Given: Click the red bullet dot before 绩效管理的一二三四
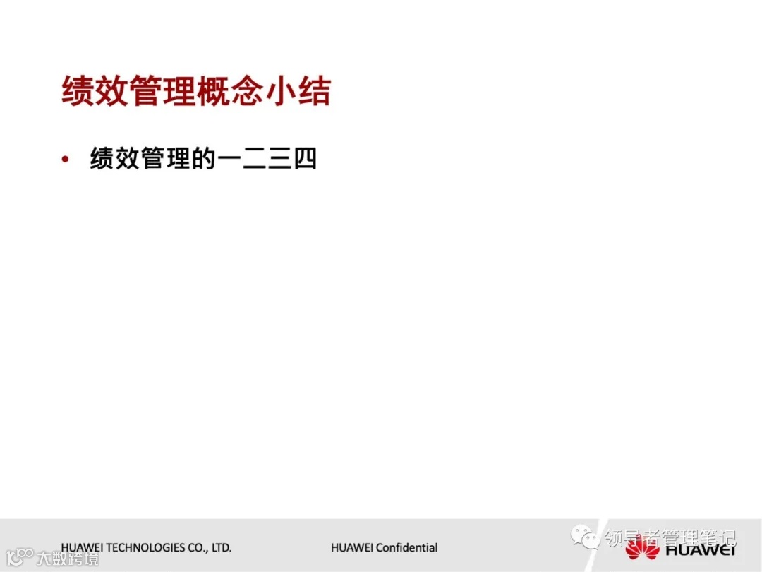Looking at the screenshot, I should tap(66, 160).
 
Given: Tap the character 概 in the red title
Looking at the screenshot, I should tap(213, 93).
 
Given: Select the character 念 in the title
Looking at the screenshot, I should tap(247, 93).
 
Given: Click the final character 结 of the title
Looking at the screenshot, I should tap(314, 93).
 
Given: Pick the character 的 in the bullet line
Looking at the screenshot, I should tap(203, 160).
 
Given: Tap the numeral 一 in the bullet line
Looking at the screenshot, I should tap(231, 160).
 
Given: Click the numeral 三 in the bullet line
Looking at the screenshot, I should tap(280, 160).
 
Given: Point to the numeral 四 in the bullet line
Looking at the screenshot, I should tap(305, 160).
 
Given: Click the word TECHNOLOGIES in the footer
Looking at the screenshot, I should tap(147, 548).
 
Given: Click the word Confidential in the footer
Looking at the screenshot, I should tap(406, 548).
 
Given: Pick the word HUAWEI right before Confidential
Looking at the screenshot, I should tap(352, 548).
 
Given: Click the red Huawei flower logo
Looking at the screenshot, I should tap(641, 548).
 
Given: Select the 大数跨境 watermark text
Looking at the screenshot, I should tap(68, 558).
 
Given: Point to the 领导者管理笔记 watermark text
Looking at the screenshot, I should tap(670, 539).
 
